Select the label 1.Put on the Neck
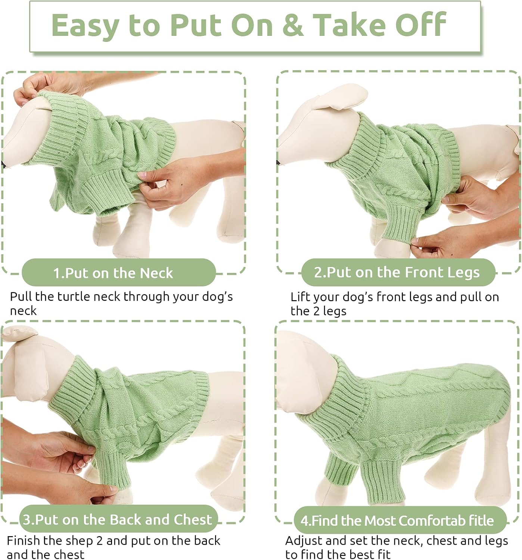pos(118,273)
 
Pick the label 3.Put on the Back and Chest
pos(118,519)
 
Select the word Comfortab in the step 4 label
pos(413,520)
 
